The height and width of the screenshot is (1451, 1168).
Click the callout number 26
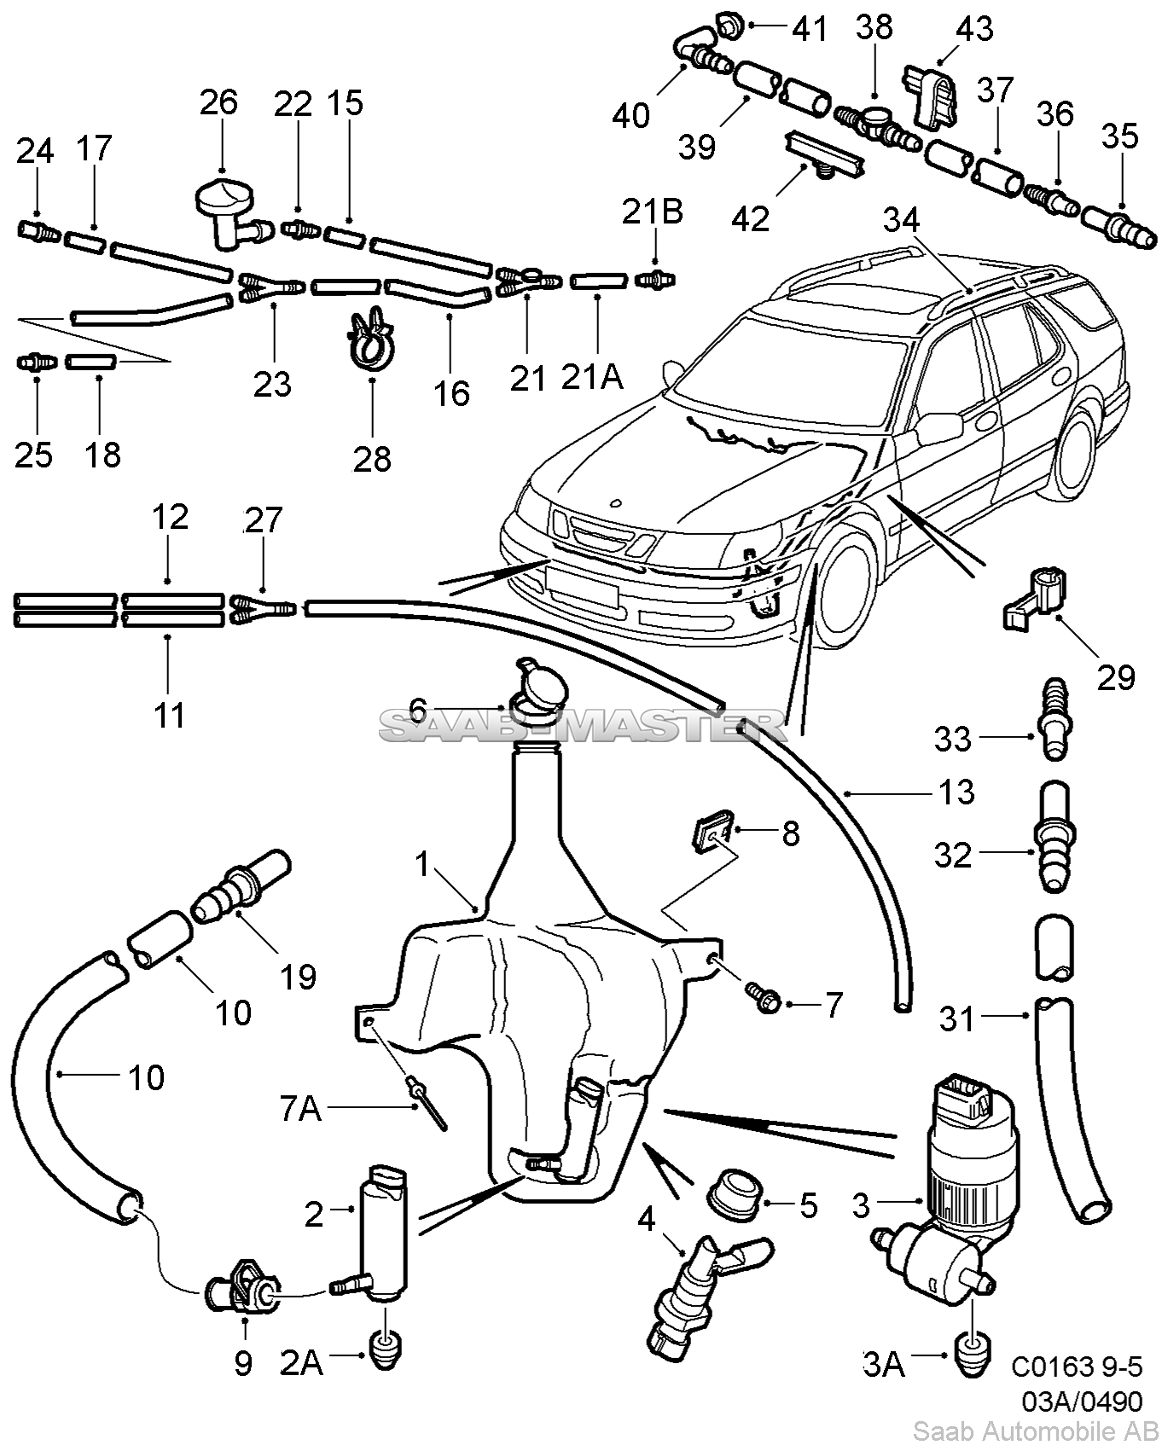[219, 103]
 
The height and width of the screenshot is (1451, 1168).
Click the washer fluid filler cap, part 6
[537, 684]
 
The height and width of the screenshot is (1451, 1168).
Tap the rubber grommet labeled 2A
[387, 1348]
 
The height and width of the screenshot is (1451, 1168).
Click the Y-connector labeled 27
[262, 607]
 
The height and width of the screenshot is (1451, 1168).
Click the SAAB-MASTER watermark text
[580, 726]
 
